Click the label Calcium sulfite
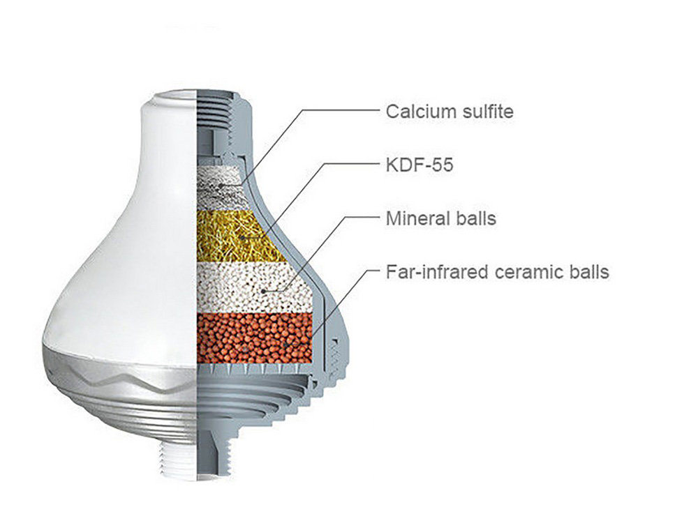[x=450, y=112]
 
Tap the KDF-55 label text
[x=419, y=165]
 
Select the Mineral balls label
[x=440, y=218]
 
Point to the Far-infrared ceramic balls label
[x=497, y=271]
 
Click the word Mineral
[x=414, y=218]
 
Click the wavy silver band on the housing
[x=119, y=370]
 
